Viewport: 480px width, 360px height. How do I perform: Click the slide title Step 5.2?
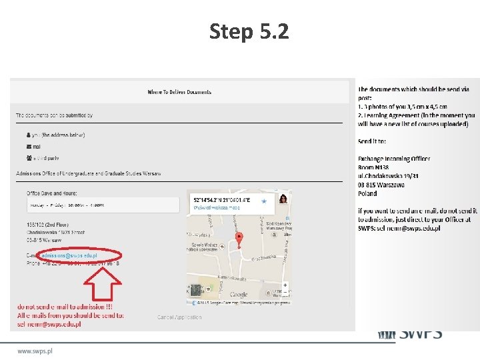[x=249, y=31]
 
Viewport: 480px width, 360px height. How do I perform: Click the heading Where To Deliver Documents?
[x=179, y=91]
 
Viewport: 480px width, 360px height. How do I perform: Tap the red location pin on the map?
[x=239, y=240]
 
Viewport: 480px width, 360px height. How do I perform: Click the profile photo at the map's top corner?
[x=283, y=199]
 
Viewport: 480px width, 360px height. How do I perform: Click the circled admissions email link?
[x=69, y=255]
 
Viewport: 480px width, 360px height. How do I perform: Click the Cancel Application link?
[x=179, y=317]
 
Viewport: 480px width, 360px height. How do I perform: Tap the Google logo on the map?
[x=238, y=294]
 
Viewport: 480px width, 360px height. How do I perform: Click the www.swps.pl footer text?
[x=35, y=351]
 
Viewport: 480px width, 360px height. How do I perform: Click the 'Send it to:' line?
[x=376, y=141]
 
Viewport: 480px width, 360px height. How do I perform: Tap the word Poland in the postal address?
[x=367, y=193]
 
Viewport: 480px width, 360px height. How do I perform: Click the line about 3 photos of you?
[x=402, y=107]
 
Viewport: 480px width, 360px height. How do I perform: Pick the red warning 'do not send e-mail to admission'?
[x=65, y=307]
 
